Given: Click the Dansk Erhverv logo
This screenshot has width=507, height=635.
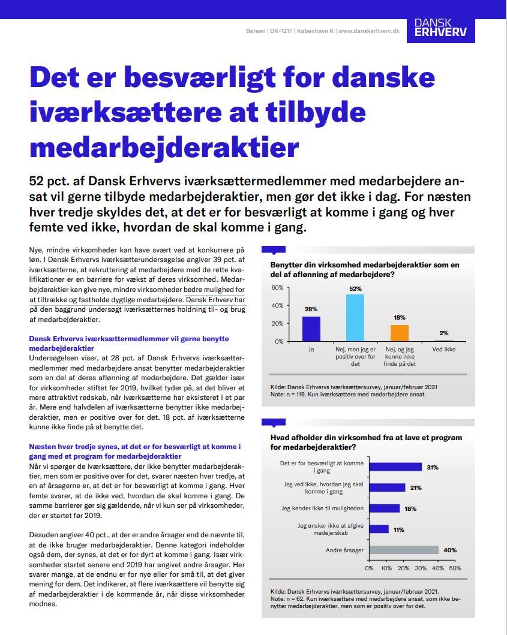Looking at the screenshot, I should click(440, 28).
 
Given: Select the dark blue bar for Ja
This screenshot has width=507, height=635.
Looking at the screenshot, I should click(311, 329).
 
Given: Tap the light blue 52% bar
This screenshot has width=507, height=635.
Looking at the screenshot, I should click(355, 318).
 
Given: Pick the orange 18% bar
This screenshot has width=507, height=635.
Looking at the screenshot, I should click(399, 333).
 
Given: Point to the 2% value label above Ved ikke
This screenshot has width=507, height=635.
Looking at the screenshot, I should click(443, 333).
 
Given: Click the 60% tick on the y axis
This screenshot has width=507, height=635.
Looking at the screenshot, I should click(277, 287).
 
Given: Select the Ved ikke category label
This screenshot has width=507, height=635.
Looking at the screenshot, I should click(443, 348).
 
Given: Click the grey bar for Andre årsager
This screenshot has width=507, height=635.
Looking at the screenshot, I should click(404, 550).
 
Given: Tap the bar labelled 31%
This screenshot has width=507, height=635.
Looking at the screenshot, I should click(395, 467).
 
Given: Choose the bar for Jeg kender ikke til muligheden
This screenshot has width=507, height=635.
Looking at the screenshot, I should click(384, 508).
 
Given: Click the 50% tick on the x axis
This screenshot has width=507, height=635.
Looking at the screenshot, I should click(455, 567).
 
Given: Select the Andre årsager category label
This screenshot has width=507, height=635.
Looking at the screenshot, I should click(344, 550).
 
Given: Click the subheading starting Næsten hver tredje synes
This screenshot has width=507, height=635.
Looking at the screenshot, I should click(135, 452).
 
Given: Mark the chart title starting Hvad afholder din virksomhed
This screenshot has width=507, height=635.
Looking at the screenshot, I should click(366, 442).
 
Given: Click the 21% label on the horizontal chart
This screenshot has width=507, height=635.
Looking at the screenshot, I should click(416, 488).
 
